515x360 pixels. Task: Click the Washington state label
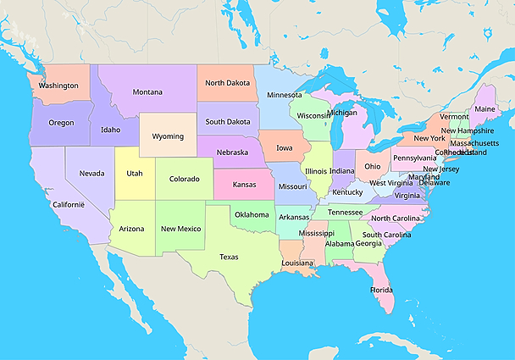(58, 86)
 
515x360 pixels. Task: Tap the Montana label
(147, 91)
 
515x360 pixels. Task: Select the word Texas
(229, 256)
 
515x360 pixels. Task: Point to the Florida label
(381, 290)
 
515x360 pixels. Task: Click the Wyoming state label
(168, 136)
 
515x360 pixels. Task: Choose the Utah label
(135, 173)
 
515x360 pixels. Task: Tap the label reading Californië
(69, 204)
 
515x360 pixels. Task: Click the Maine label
(485, 109)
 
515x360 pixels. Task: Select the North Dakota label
(228, 83)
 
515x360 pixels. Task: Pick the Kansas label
(245, 184)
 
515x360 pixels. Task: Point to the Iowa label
(284, 147)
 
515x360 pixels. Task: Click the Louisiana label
(297, 263)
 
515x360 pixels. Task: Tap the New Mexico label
(180, 229)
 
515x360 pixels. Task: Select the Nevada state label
(91, 173)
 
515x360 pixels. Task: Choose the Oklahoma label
(252, 214)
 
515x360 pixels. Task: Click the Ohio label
(373, 166)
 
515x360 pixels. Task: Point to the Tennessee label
(345, 212)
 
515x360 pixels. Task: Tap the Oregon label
(61, 122)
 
